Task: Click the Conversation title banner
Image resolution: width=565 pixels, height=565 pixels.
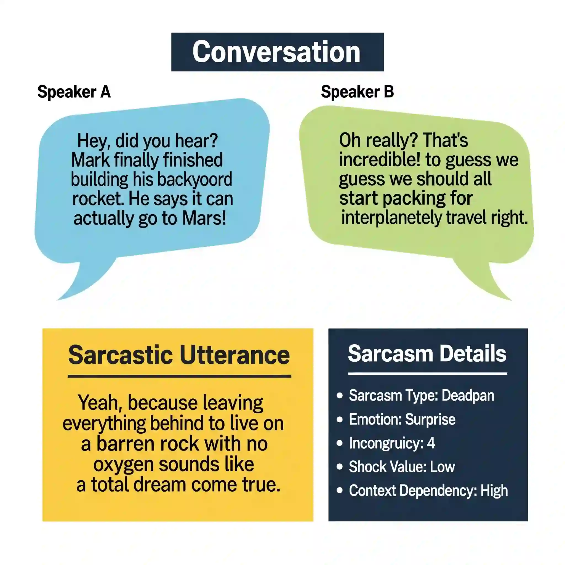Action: pyautogui.click(x=277, y=52)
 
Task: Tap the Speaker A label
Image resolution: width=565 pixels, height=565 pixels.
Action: pyautogui.click(x=74, y=92)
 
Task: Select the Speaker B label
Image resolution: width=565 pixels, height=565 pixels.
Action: pyautogui.click(x=357, y=92)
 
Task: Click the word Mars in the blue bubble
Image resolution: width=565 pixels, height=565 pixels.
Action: pyautogui.click(x=204, y=218)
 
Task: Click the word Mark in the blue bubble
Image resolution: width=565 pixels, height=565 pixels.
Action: pyautogui.click(x=90, y=160)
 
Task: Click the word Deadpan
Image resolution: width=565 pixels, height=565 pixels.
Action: pyautogui.click(x=468, y=396)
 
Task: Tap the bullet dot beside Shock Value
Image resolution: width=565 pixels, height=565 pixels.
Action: pyautogui.click(x=340, y=467)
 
